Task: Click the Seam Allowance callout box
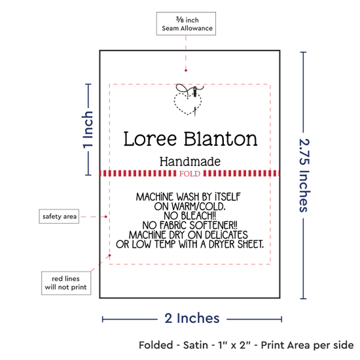[186, 24]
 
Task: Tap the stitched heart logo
[189, 100]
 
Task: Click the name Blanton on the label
[221, 139]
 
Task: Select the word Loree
[150, 139]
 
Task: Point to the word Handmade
[190, 162]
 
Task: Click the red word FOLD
[190, 173]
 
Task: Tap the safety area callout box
[59, 216]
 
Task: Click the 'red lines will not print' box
[66, 283]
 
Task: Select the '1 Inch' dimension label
[88, 130]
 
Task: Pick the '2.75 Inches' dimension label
[304, 175]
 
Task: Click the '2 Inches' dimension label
[192, 319]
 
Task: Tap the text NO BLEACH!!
[190, 215]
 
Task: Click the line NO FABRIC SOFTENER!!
[190, 225]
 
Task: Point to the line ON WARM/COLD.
[190, 206]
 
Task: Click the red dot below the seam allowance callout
[186, 70]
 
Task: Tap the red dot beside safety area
[106, 217]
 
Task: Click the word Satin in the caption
[196, 345]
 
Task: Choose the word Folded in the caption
[156, 345]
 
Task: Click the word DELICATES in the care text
[226, 235]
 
